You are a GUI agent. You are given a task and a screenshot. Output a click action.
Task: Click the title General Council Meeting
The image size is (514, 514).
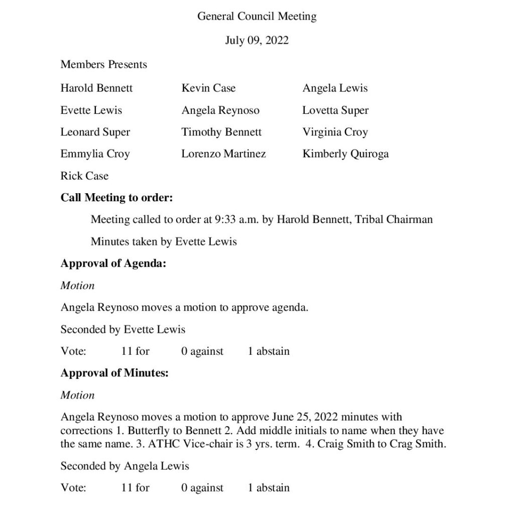pyautogui.click(x=256, y=17)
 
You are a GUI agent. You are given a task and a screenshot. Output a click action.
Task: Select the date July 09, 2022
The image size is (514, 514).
pyautogui.click(x=256, y=41)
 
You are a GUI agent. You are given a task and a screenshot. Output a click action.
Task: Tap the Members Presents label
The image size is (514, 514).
pyautogui.click(x=103, y=65)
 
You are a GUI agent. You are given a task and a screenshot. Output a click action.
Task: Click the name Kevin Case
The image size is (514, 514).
pyautogui.click(x=208, y=88)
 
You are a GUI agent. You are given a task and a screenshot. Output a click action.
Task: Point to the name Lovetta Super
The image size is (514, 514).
pyautogui.click(x=335, y=110)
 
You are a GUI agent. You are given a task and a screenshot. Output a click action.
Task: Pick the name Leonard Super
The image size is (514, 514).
pyautogui.click(x=95, y=133)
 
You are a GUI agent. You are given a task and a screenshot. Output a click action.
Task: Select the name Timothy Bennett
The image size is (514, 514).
pyautogui.click(x=221, y=133)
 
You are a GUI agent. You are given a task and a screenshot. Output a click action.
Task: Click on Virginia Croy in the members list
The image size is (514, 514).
pyautogui.click(x=335, y=133)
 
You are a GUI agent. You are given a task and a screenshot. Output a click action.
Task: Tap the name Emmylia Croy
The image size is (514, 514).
pyautogui.click(x=95, y=154)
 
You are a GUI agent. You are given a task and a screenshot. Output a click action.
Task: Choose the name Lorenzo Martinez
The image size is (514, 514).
pyautogui.click(x=223, y=154)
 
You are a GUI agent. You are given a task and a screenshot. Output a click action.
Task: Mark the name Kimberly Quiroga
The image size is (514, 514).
pyautogui.click(x=345, y=154)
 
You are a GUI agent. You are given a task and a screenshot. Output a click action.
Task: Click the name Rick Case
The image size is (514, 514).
pyautogui.click(x=84, y=176)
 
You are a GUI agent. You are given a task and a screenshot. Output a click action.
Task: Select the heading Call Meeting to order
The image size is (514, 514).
pyautogui.click(x=116, y=198)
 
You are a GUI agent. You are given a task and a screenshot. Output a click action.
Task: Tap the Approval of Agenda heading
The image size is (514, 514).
pyautogui.click(x=113, y=264)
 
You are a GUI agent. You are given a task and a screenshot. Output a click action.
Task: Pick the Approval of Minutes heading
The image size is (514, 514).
pyautogui.click(x=114, y=373)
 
